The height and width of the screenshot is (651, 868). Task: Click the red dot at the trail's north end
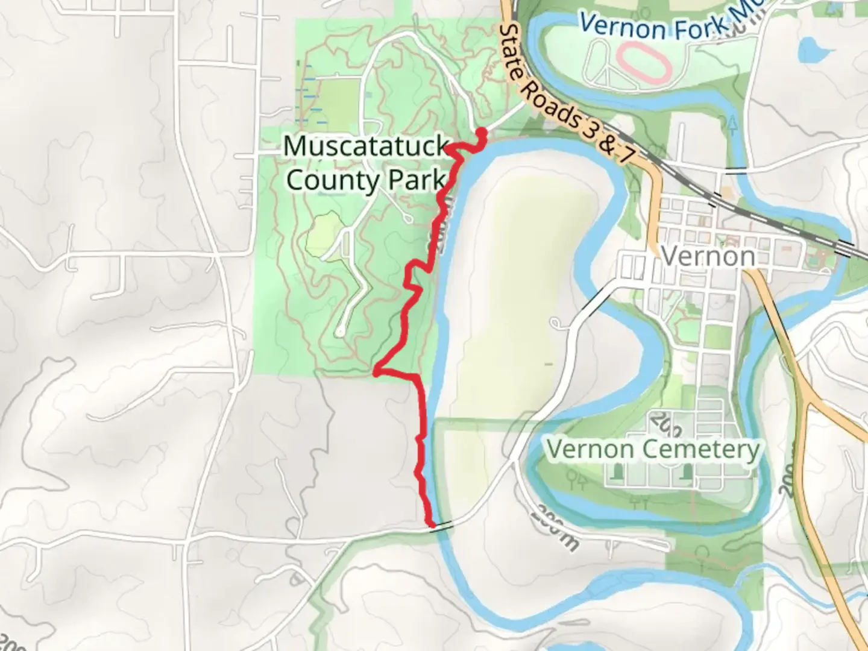[482, 133]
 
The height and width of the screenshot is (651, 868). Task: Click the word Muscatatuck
[366, 146]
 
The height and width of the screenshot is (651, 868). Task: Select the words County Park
[366, 180]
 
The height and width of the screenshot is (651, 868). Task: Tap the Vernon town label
[708, 256]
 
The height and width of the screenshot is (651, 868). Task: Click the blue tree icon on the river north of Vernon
[733, 124]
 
